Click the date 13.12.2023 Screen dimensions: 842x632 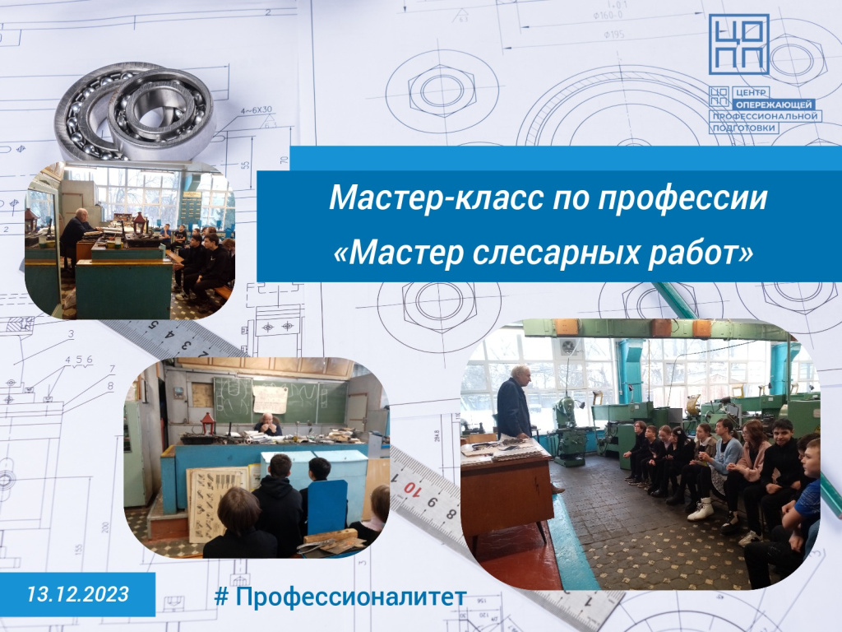78,594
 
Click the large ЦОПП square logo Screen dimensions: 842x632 738,44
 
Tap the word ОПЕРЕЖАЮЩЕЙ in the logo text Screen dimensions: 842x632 774,105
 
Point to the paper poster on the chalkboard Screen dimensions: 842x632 271,400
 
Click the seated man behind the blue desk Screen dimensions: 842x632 268,424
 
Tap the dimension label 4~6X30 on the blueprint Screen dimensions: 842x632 257,109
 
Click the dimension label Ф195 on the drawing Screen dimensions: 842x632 613,35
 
